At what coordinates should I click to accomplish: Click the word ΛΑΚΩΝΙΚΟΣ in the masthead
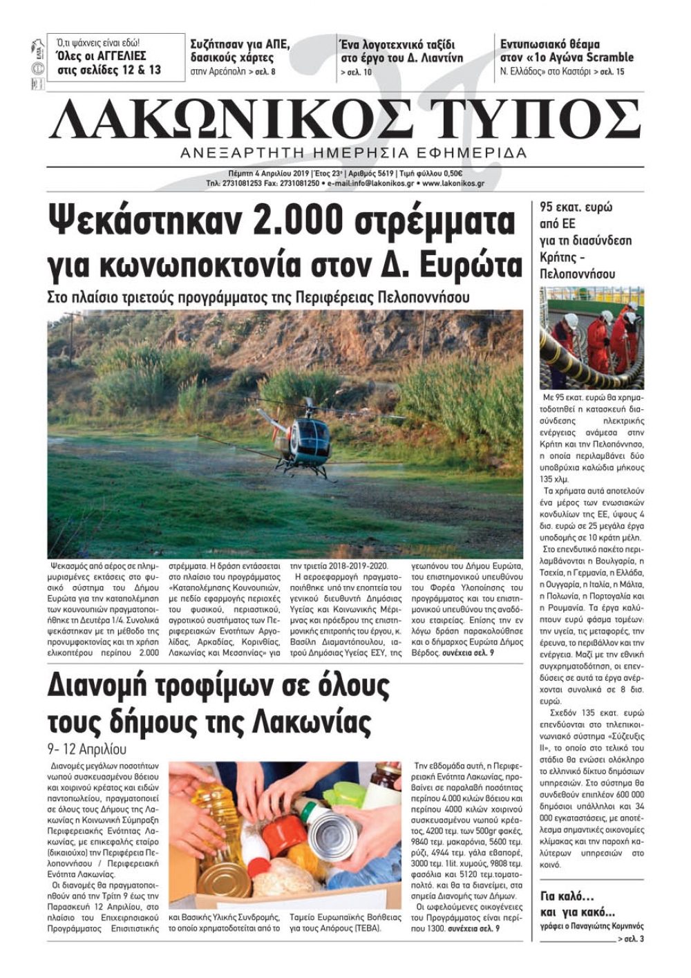click(x=235, y=120)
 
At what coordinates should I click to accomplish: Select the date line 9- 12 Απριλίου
click(x=86, y=749)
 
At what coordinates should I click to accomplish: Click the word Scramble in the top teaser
click(x=609, y=57)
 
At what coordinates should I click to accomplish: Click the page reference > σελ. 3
click(x=630, y=939)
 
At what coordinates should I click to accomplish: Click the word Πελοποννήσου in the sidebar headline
click(x=577, y=274)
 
